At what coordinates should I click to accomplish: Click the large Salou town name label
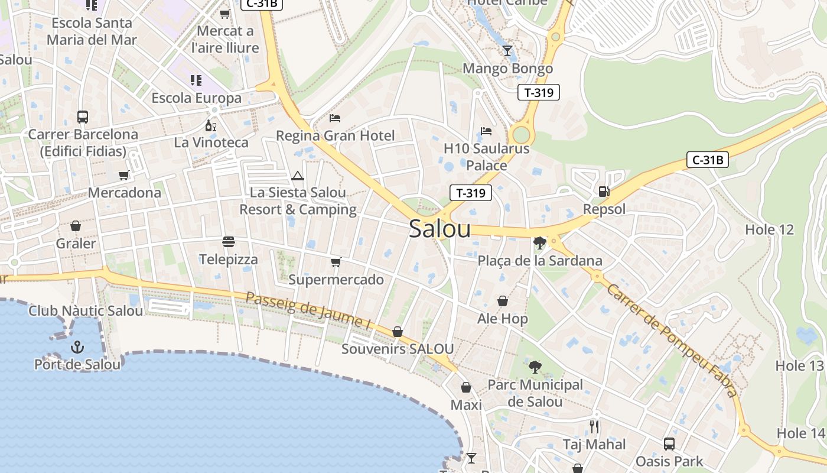[439, 229]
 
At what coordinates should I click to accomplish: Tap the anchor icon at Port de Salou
[77, 347]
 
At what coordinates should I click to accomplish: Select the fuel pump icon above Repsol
[604, 192]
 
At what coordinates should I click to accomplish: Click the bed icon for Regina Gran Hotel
[335, 118]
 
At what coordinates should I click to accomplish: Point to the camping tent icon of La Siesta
[297, 176]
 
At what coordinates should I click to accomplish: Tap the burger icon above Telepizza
[229, 242]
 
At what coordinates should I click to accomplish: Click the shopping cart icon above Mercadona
[124, 175]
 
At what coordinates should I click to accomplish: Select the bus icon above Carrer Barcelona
[83, 116]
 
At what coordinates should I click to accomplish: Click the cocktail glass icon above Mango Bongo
[507, 51]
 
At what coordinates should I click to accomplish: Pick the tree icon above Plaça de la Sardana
[539, 242]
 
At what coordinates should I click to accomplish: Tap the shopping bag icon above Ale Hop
[502, 302]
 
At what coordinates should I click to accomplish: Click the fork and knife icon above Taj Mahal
[594, 426]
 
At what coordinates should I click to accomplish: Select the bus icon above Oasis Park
[669, 443]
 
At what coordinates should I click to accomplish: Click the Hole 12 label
[769, 229]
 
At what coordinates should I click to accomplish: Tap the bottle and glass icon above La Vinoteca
[211, 125]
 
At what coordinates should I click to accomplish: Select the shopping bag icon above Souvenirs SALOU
[398, 332]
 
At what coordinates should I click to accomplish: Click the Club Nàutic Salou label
[86, 310]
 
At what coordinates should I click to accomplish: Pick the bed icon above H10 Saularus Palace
[486, 131]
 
